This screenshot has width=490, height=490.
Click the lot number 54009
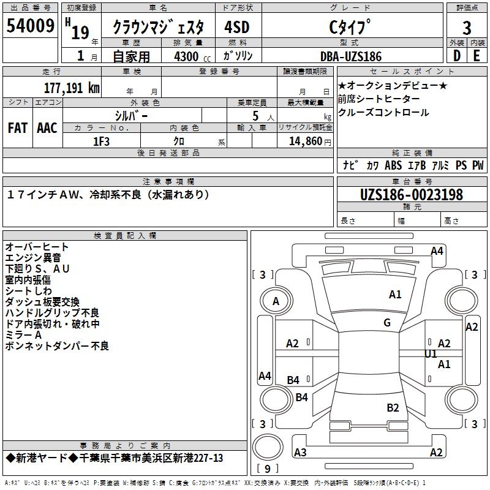[x=31, y=27]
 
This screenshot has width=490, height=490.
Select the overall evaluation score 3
[x=467, y=28]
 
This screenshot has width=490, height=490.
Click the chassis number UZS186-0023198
[x=412, y=195]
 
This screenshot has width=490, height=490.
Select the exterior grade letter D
[x=456, y=56]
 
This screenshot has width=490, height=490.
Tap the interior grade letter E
[x=477, y=56]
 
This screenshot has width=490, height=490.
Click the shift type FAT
[x=17, y=128]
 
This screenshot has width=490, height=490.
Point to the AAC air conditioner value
[x=47, y=128]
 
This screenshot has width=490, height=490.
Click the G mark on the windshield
[x=387, y=323]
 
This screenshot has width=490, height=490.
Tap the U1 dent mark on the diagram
[x=431, y=353]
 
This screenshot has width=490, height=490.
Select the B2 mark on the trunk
[x=393, y=407]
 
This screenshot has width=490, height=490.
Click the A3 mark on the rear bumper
[x=300, y=453]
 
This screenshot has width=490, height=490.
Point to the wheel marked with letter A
[x=276, y=301]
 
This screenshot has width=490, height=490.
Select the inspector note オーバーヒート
[x=37, y=247]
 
